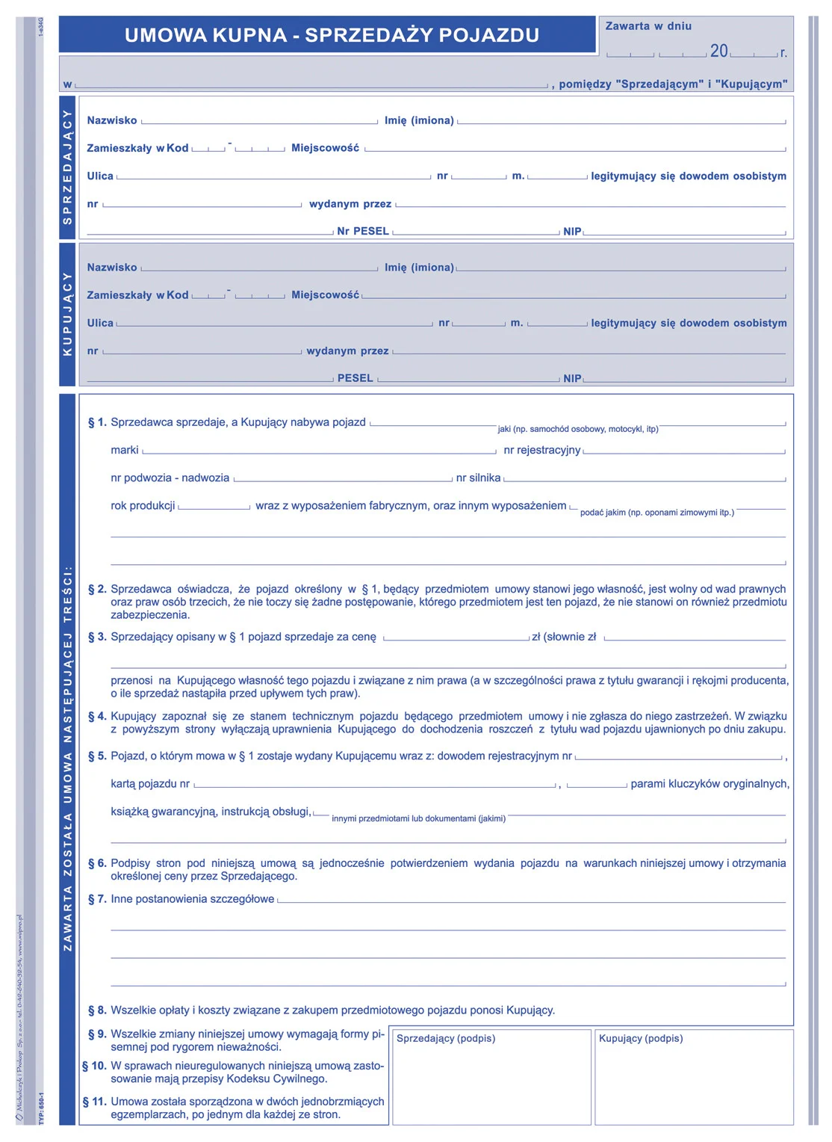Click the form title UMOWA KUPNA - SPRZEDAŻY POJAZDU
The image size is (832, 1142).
pos(332,35)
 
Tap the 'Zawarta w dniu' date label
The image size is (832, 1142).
pos(648,26)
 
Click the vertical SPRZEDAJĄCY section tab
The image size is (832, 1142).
pos(67,167)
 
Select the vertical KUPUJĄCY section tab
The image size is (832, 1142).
pos(67,314)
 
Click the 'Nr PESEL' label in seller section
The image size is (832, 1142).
pos(363,231)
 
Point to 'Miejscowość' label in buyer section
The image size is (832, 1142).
pos(325,295)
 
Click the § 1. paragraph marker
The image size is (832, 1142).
pos(97,422)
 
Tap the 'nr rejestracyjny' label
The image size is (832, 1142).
pos(541,450)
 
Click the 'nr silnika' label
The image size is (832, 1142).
pos(478,478)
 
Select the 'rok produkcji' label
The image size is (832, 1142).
pos(143,505)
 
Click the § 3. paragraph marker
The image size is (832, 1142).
pos(97,637)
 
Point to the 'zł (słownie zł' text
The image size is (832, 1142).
pos(564,637)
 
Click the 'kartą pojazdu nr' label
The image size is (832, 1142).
pos(150,783)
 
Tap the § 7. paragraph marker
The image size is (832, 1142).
pos(97,898)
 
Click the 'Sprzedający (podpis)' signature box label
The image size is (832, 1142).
pos(446,1038)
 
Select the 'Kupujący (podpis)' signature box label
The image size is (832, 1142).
pos(641,1038)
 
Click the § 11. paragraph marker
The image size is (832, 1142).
pos(94,1102)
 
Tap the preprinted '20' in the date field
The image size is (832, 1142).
pos(718,51)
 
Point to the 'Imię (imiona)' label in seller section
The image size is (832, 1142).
pos(419,120)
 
